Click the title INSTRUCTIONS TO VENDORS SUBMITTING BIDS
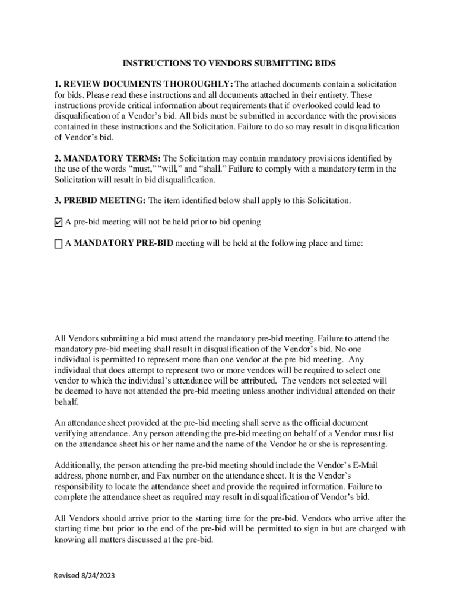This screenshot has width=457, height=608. click(229, 63)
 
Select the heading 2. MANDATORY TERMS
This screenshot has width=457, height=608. click(107, 158)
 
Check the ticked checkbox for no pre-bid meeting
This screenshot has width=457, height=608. click(58, 223)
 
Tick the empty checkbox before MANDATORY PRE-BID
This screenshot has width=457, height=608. click(58, 243)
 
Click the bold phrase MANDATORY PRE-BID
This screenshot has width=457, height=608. click(124, 243)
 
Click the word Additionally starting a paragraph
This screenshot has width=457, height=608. click(77, 465)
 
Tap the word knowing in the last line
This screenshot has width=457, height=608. click(69, 540)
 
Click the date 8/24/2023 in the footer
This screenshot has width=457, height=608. click(96, 576)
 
